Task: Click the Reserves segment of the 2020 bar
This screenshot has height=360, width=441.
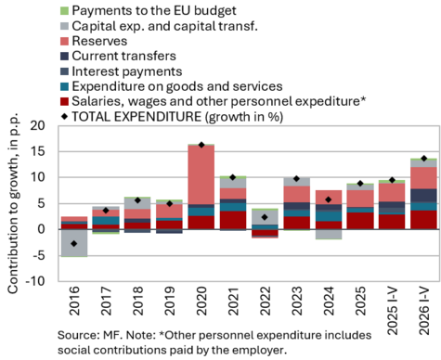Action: click(x=201, y=174)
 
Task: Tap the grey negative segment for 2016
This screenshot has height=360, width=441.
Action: click(x=74, y=243)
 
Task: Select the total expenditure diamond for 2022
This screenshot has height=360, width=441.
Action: click(x=265, y=217)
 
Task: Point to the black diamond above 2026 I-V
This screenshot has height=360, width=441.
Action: click(x=424, y=159)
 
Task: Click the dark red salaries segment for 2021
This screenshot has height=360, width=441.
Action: click(x=233, y=220)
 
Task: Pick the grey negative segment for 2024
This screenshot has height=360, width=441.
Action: click(x=329, y=234)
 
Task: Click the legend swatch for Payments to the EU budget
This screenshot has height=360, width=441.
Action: click(x=64, y=11)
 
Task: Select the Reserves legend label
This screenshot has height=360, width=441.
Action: click(x=99, y=41)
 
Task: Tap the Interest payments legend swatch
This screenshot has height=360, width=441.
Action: click(x=64, y=71)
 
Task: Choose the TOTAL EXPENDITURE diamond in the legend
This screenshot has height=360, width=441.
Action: click(x=64, y=117)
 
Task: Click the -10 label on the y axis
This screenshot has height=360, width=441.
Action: click(x=35, y=281)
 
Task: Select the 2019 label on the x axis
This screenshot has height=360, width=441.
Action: click(x=169, y=301)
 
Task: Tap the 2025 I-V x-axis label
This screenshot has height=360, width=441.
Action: click(x=392, y=311)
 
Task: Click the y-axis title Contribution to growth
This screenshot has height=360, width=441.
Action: click(x=13, y=203)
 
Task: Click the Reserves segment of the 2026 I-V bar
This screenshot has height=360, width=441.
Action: click(x=423, y=178)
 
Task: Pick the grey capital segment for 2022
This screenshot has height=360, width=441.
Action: click(x=265, y=217)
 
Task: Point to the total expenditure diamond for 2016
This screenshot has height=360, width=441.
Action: click(x=74, y=244)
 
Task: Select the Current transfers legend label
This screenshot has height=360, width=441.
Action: click(x=124, y=56)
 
